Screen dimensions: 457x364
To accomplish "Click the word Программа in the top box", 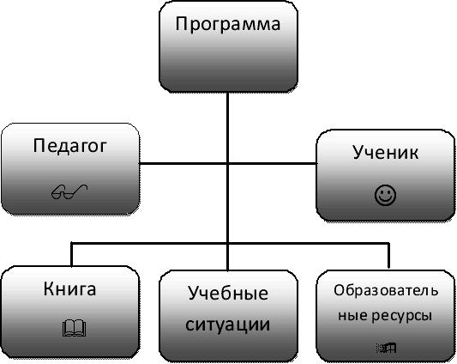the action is point(227,25).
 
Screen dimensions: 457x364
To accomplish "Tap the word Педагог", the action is point(70,146).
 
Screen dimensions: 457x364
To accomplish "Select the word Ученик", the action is point(385,152).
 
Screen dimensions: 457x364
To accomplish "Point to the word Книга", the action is point(69,288).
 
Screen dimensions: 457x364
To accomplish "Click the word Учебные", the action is point(228,294).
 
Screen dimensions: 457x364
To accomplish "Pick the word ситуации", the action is point(227,325).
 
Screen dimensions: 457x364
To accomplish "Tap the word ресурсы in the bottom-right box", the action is point(401,317).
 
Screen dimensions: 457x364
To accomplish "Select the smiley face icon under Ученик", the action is point(385,195).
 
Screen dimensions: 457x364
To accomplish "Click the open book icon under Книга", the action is point(74,328).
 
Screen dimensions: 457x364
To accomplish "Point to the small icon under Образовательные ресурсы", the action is point(387,348).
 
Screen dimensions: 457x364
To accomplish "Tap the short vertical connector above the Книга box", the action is point(72,254).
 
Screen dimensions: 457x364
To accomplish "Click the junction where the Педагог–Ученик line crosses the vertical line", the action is point(227,163).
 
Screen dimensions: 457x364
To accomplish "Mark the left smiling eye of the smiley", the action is point(382,191).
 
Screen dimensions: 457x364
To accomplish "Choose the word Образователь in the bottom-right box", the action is point(386,291).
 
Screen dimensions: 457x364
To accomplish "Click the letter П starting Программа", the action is point(182,23).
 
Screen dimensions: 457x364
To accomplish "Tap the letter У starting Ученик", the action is point(358,152).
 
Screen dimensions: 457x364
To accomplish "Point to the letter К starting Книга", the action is point(49,288).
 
